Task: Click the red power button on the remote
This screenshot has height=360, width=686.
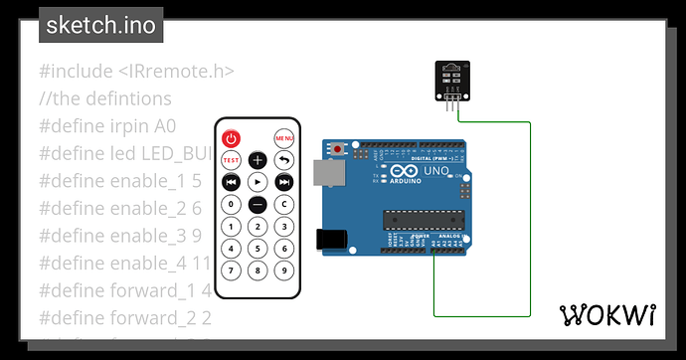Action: point(231,138)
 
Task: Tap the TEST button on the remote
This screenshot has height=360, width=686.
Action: point(231,161)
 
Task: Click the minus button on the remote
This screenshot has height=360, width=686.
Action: point(257,205)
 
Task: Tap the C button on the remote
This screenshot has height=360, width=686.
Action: point(284,205)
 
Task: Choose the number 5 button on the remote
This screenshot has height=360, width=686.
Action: point(257,249)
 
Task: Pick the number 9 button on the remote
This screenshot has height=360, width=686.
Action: point(284,270)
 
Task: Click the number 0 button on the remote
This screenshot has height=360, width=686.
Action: point(231,205)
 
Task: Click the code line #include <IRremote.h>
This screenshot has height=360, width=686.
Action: point(137,72)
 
